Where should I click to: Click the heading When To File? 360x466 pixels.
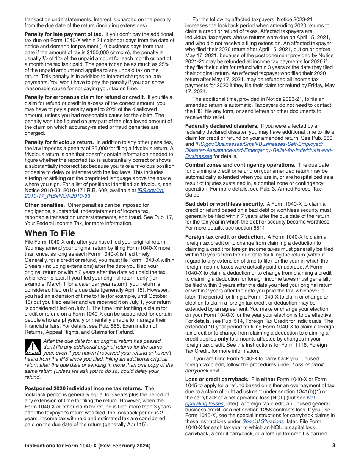50,233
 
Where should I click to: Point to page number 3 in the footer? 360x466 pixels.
333,446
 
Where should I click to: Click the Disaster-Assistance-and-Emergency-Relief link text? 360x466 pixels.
259,150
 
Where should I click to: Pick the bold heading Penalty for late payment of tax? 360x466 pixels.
58,34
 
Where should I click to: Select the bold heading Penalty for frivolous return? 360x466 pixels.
59,142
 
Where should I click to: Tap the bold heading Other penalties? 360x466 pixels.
44,205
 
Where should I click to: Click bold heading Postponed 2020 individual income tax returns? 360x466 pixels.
83,388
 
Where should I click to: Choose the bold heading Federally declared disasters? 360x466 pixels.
222,126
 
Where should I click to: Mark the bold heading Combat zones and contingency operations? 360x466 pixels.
240,165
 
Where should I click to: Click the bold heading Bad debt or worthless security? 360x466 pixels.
224,204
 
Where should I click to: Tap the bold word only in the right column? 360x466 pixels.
223,339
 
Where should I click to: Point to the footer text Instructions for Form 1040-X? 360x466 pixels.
87,446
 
